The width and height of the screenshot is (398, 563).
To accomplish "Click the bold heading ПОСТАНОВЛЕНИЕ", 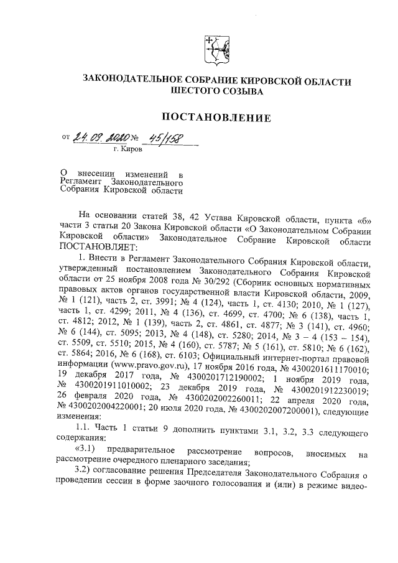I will point(217,117).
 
